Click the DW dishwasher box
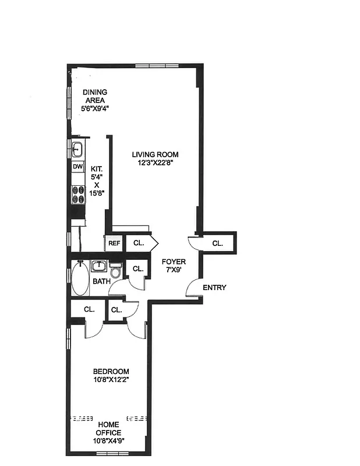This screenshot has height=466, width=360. [77, 167]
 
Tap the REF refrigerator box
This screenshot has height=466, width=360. [114, 243]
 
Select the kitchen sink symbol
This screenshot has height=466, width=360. [77, 149]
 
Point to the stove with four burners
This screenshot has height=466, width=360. [77, 194]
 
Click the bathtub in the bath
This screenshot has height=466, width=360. [80, 280]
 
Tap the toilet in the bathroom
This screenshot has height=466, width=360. [115, 272]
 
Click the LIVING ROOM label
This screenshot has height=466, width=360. [154, 154]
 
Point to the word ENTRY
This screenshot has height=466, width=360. [214, 288]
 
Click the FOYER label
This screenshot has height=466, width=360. [174, 262]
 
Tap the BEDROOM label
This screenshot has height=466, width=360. [111, 372]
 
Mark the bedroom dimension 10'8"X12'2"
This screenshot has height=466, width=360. [111, 380]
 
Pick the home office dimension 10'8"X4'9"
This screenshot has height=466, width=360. [109, 441]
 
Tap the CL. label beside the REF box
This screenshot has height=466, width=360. [139, 243]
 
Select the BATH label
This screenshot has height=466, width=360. [101, 282]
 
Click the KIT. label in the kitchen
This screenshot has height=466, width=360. [96, 168]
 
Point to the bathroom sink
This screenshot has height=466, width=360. [100, 267]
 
